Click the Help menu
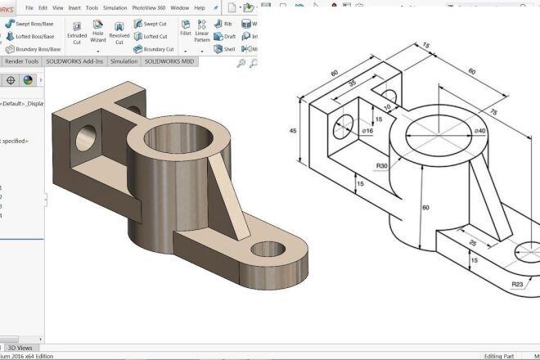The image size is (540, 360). [x=200, y=7]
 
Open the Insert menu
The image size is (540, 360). [x=74, y=7]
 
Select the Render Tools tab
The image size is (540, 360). [x=21, y=61]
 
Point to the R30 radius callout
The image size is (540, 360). [x=381, y=167]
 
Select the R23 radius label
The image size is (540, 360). [x=517, y=284]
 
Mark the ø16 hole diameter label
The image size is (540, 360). [x=367, y=131]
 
